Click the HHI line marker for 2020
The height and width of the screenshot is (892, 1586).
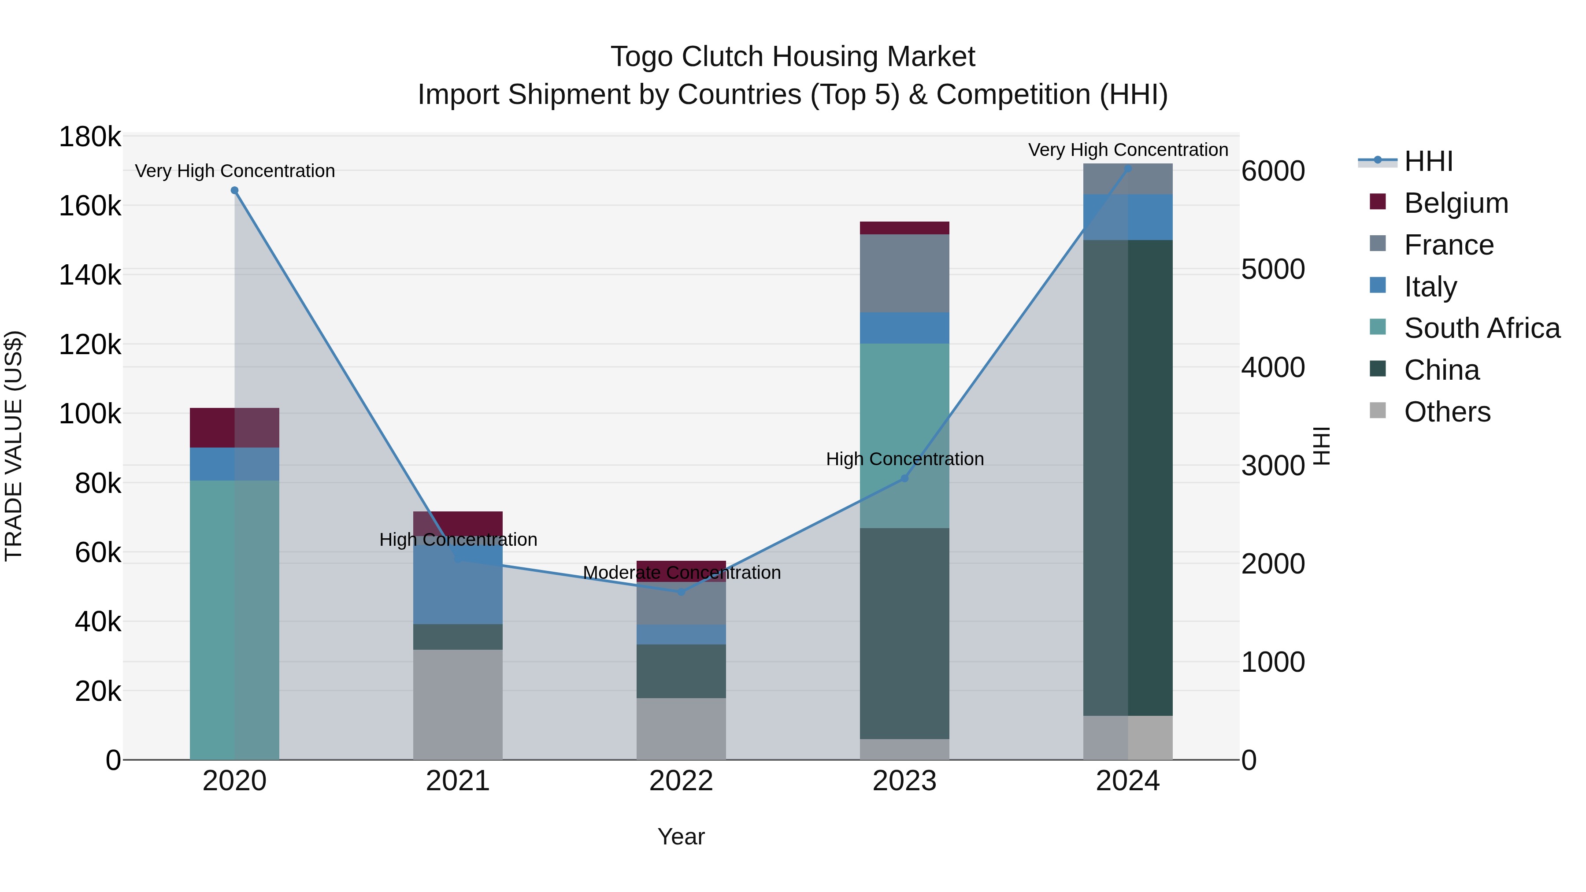click(x=234, y=191)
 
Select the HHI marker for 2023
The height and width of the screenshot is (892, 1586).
click(x=904, y=478)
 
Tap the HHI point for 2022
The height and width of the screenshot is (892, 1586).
click(x=681, y=592)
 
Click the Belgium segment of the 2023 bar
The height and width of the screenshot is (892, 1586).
click(x=904, y=228)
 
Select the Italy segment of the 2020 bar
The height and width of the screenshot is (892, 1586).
click(x=234, y=463)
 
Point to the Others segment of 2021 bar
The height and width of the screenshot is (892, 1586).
click(x=457, y=704)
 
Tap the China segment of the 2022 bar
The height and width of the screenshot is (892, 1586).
click(x=681, y=671)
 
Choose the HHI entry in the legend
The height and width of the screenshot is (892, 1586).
click(x=1428, y=161)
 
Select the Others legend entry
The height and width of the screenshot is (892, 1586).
click(x=1447, y=412)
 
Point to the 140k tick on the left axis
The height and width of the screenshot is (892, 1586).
click(x=90, y=275)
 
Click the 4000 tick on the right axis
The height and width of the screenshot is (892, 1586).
click(x=1273, y=367)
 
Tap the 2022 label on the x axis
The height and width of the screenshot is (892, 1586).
click(x=681, y=781)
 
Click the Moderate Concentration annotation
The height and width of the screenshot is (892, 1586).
click(x=681, y=573)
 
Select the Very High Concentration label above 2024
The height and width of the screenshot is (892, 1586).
click(x=1128, y=150)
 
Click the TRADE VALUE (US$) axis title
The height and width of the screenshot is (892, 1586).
click(x=14, y=446)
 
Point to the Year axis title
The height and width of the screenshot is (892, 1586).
click(x=681, y=836)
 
